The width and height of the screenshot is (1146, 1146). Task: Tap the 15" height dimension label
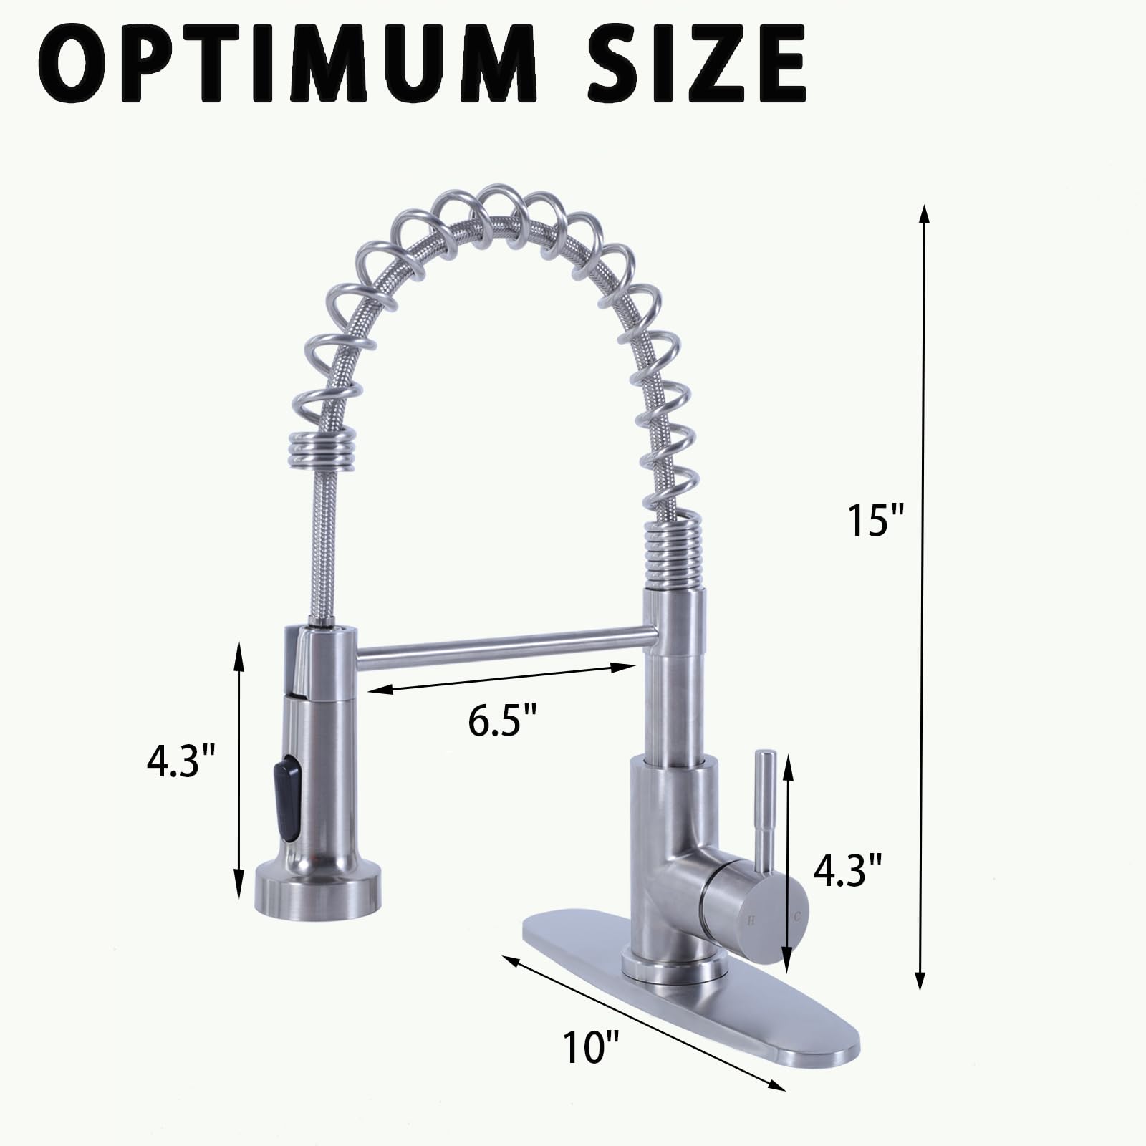click(876, 521)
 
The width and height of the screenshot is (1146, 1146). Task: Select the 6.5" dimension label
click(503, 721)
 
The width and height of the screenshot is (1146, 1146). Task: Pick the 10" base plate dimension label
click(590, 1048)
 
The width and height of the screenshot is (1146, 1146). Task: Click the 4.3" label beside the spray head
click(180, 761)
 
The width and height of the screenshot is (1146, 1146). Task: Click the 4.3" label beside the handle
click(847, 870)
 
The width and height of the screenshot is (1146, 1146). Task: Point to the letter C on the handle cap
click(796, 916)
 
